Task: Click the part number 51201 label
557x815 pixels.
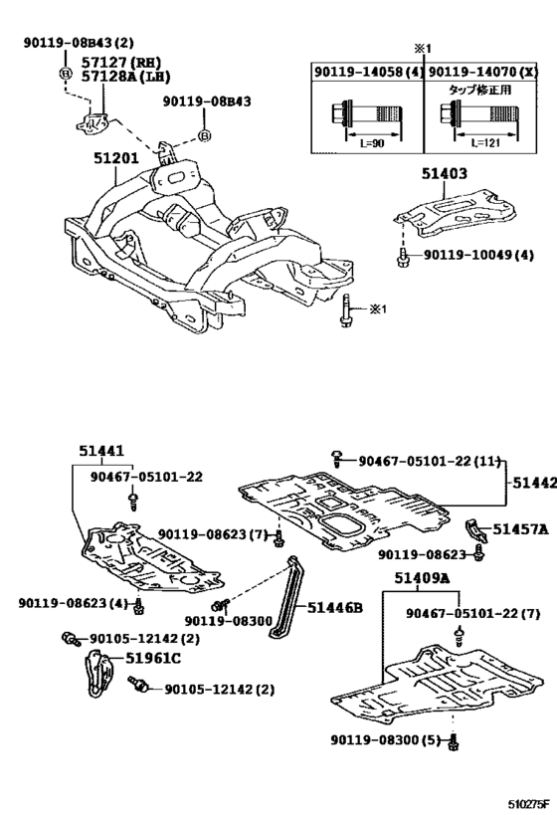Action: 116,157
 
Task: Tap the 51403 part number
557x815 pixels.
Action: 445,173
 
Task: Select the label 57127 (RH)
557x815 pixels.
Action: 120,63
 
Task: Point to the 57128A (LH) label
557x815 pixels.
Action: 125,77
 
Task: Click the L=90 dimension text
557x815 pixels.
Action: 372,143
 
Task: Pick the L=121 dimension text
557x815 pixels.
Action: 484,143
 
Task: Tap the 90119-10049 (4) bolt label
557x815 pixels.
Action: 478,255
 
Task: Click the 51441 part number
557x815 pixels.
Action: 101,451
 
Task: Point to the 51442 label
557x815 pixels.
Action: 534,483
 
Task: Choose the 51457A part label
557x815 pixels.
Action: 520,529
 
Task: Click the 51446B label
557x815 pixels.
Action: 334,608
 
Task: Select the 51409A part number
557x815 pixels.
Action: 422,578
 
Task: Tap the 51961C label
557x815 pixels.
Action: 153,659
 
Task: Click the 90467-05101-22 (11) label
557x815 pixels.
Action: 429,461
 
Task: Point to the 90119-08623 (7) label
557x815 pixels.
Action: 213,534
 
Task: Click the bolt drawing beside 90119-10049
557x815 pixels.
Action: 402,257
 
